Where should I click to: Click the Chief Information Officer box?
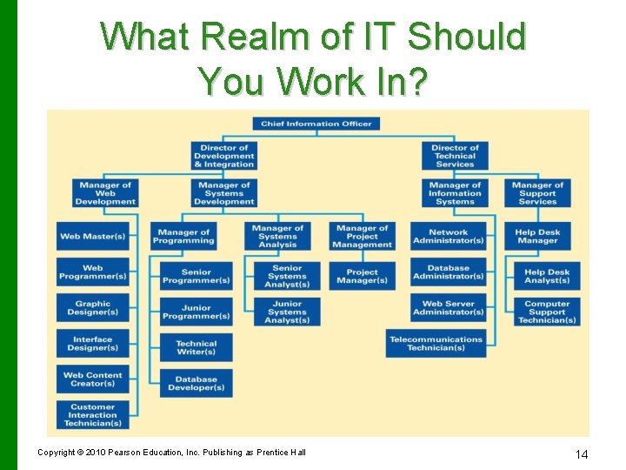point(316,124)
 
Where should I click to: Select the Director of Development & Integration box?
point(223,156)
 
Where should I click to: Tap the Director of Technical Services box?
point(455,156)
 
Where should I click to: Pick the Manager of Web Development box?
point(105,193)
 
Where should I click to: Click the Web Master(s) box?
point(92,236)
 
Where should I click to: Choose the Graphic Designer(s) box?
point(92,308)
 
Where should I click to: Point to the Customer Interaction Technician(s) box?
point(92,415)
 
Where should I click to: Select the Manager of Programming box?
point(183,237)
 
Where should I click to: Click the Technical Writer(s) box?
point(196,347)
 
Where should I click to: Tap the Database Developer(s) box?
point(196,384)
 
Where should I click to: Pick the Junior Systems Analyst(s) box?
point(287,312)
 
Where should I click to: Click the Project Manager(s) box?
point(362,276)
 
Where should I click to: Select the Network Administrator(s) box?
point(449,237)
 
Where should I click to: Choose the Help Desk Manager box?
point(537,237)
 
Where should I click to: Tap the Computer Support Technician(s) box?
point(547,312)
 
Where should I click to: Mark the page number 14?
point(583,454)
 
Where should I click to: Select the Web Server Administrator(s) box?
point(449,308)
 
